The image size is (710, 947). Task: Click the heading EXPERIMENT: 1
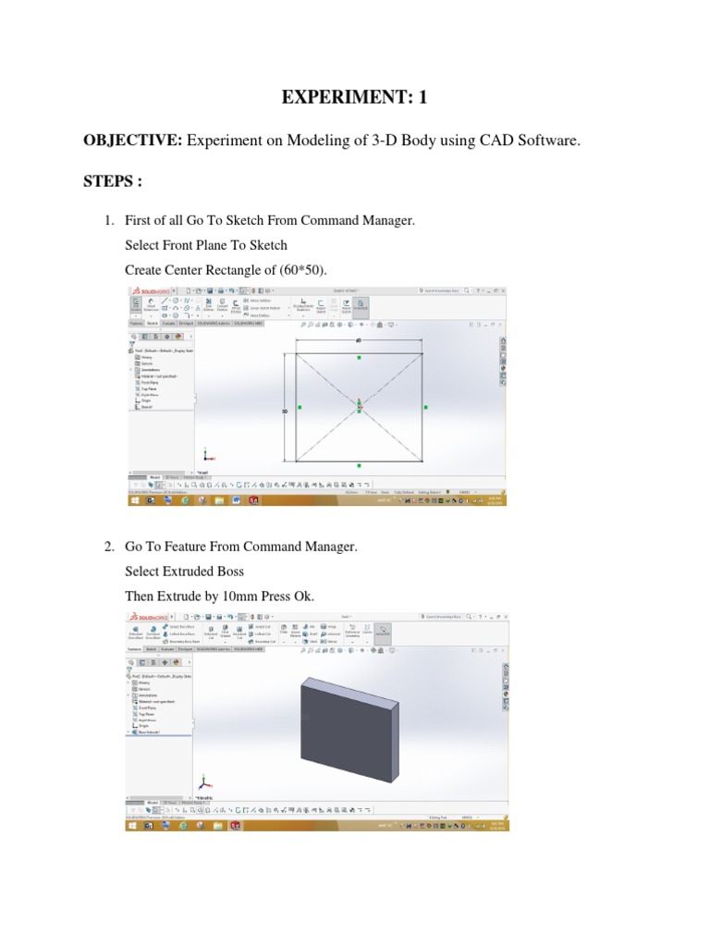[354, 98]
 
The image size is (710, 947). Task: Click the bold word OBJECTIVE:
[134, 141]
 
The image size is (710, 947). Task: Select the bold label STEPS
[112, 181]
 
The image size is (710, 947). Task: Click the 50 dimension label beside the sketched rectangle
[285, 410]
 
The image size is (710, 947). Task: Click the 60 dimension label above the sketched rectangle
[358, 340]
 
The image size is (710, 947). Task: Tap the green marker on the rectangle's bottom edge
[359, 466]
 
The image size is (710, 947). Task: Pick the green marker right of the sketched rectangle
[425, 406]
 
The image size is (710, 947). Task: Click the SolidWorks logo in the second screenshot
[148, 616]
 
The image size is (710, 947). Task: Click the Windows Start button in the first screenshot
[135, 499]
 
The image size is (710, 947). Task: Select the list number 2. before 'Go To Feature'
[108, 547]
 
